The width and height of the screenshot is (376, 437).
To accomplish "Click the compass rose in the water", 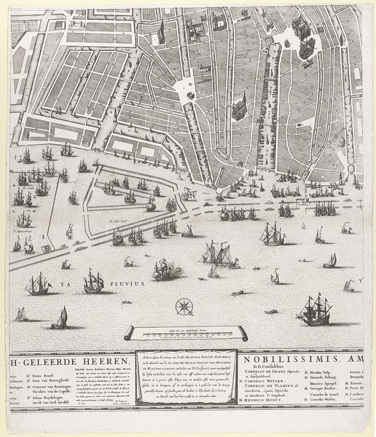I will pyautogui.click(x=185, y=307).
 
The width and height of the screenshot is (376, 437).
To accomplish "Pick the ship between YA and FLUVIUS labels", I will pyautogui.click(x=93, y=281).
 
